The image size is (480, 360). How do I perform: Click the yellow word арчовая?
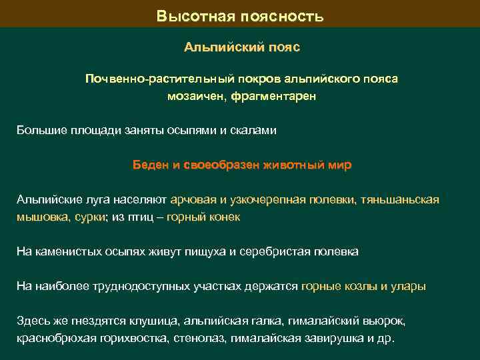[x=193, y=199]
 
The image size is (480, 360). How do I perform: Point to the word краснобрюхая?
[x=53, y=337]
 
